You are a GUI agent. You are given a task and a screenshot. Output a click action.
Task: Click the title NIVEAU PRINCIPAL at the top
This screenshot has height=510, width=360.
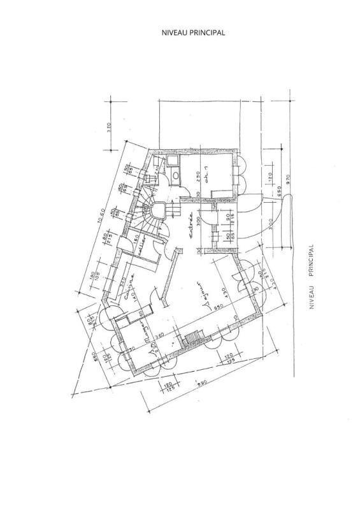point(194,31)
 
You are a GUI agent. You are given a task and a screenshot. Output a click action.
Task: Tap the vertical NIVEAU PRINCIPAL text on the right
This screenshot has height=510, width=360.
point(312,277)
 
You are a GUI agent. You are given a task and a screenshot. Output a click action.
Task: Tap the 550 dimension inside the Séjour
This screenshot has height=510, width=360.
point(217,308)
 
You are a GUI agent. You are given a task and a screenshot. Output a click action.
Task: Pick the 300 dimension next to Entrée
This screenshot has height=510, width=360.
point(199,221)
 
